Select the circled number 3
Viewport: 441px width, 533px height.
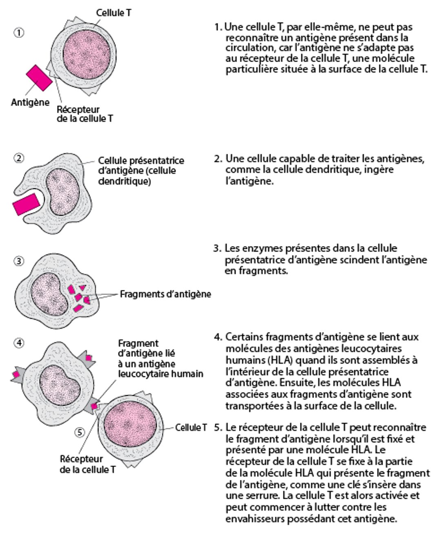pos(19,262)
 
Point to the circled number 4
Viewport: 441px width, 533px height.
pos(19,343)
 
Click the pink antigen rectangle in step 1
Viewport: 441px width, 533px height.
pos(39,78)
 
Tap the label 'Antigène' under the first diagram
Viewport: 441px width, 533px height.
pos(30,102)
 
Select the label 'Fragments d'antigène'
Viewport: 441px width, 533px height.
pos(165,294)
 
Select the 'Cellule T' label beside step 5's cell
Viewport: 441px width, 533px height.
pos(191,427)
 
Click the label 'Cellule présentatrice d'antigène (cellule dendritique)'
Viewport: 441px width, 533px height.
pos(140,171)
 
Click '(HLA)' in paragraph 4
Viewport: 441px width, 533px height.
pos(278,360)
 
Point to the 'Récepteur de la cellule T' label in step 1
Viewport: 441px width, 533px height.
pos(84,114)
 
